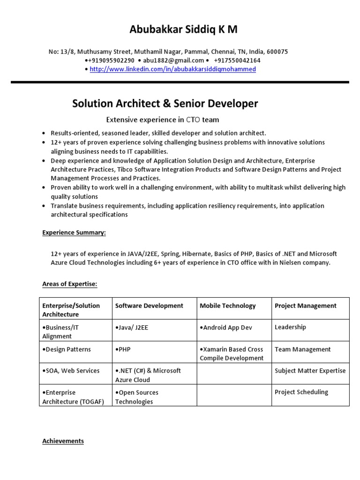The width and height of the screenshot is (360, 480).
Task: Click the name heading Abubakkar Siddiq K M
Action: (183, 30)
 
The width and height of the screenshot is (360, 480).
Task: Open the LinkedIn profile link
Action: (172, 69)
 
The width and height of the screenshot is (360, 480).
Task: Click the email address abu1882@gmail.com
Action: (174, 60)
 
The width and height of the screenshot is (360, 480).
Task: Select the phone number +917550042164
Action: (237, 60)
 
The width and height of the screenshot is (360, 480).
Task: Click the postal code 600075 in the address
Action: (278, 52)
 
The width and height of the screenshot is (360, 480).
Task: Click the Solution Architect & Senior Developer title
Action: (165, 103)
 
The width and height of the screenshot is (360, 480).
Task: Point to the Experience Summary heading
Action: (74, 232)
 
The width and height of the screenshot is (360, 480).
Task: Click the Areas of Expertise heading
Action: (69, 284)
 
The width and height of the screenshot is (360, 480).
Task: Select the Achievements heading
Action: (63, 441)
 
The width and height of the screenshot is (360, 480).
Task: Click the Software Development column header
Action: (149, 306)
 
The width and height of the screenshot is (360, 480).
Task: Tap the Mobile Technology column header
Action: (228, 306)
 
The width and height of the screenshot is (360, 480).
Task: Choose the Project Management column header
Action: (305, 306)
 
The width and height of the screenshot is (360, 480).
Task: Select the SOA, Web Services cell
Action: (71, 371)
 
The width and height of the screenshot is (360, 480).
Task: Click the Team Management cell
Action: (302, 349)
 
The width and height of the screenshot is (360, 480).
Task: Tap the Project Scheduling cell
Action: (301, 392)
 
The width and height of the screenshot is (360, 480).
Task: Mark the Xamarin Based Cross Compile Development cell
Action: (232, 354)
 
